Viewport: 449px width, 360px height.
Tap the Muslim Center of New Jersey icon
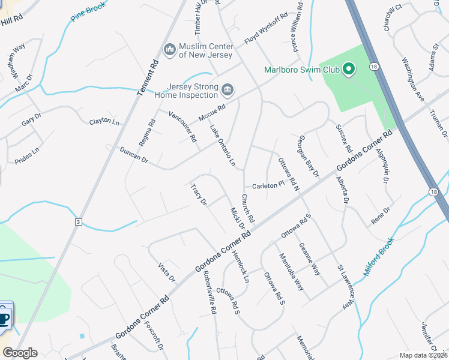pos(169,48)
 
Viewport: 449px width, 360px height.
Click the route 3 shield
pos(78,222)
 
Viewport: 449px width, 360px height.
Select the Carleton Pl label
pos(267,185)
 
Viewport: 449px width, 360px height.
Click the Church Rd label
pos(248,208)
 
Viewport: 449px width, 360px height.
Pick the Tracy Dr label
pos(199,194)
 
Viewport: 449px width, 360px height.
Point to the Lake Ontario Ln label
pos(222,146)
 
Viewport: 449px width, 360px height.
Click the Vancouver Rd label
pos(182,127)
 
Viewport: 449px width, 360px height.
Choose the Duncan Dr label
pos(133,155)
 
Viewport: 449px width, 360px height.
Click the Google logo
pos(20,353)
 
